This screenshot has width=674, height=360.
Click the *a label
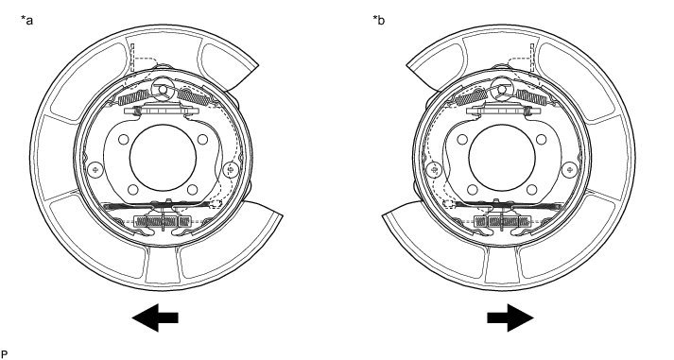26,20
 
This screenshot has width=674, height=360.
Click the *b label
379,20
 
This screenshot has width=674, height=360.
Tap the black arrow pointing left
155,317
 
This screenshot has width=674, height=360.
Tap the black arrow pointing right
510,317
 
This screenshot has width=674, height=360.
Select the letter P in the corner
5,354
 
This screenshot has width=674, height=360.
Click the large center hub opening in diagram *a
163,158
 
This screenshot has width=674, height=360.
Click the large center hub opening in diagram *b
502,158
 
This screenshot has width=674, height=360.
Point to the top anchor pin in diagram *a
163,89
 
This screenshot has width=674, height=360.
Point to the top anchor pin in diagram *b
501,89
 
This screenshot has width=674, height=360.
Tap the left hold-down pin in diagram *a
95,170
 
